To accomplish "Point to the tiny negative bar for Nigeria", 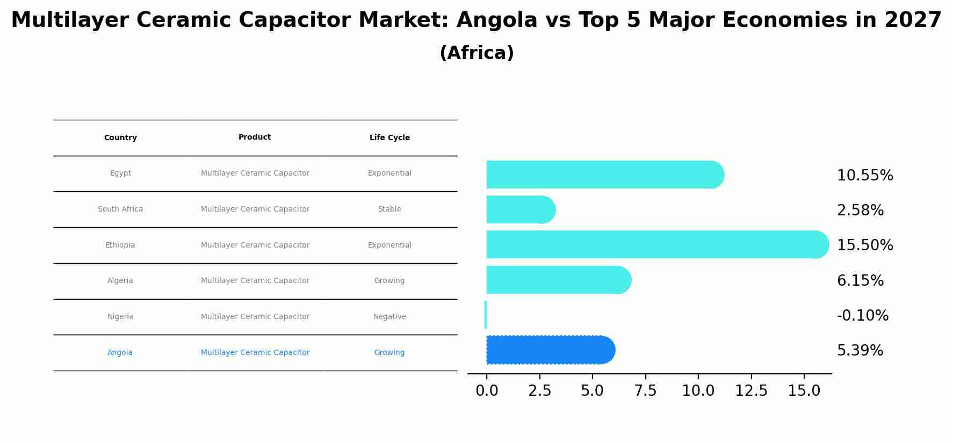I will (x=486, y=315).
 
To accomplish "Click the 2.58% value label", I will (x=860, y=211).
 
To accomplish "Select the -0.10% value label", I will (x=862, y=316).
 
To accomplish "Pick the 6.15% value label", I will (x=860, y=281).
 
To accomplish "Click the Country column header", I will (x=120, y=138).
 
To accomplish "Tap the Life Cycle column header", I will (x=389, y=138).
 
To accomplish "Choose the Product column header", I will (x=255, y=137).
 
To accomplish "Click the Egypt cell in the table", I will (x=120, y=173).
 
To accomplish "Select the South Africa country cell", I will (x=120, y=209).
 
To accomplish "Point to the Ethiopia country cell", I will (x=120, y=245).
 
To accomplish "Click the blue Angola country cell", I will (x=120, y=353).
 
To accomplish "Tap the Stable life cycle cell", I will (x=389, y=209).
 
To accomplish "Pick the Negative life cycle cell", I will (x=389, y=317).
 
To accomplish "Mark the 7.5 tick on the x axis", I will (x=645, y=391).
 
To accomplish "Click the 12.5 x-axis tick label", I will (x=751, y=391).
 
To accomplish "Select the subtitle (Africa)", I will (x=476, y=53).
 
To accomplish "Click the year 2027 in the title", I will (x=913, y=20).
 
